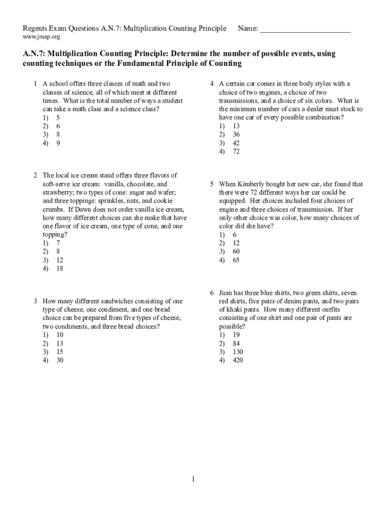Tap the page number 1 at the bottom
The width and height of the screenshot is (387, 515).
[193, 479]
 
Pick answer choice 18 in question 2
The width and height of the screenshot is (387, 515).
[59, 269]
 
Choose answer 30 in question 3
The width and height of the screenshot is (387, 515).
[59, 360]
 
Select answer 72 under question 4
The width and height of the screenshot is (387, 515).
[236, 151]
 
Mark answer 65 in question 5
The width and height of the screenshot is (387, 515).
[236, 260]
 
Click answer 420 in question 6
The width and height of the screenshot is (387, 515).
[237, 360]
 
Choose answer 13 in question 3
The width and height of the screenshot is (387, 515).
[59, 343]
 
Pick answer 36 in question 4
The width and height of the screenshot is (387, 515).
[236, 134]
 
